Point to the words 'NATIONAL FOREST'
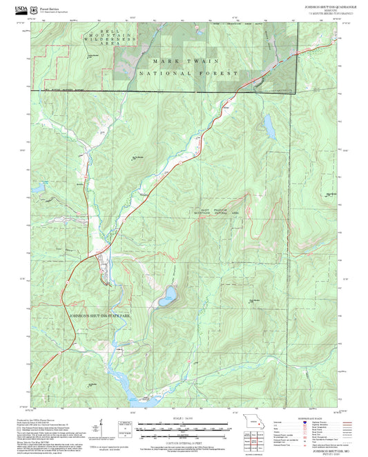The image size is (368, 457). pyautogui.click(x=188, y=73)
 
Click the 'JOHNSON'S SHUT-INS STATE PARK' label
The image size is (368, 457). pyautogui.click(x=100, y=315)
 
